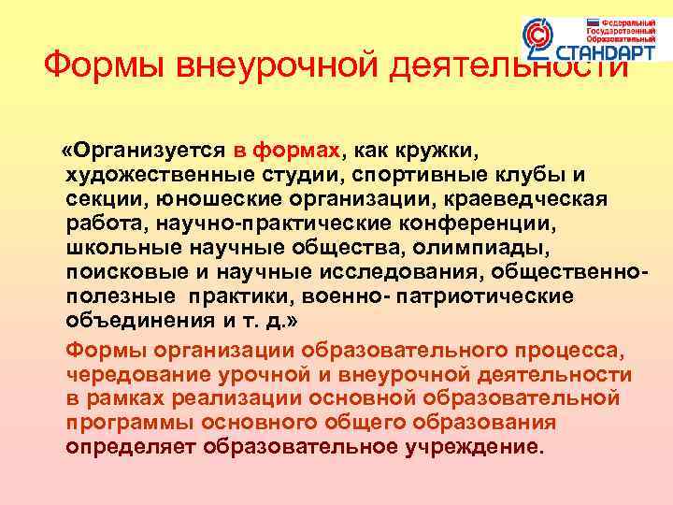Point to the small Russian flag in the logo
(x=592, y=22)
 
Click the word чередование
(x=139, y=374)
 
